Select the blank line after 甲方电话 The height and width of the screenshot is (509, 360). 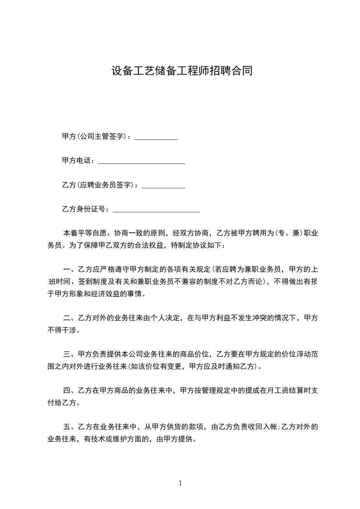click(x=142, y=162)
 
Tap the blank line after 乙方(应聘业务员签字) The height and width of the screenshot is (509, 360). click(x=163, y=186)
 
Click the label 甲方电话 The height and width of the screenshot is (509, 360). click(x=78, y=161)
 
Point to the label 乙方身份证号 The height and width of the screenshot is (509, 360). click(x=85, y=210)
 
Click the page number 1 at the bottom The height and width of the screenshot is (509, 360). click(x=180, y=483)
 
